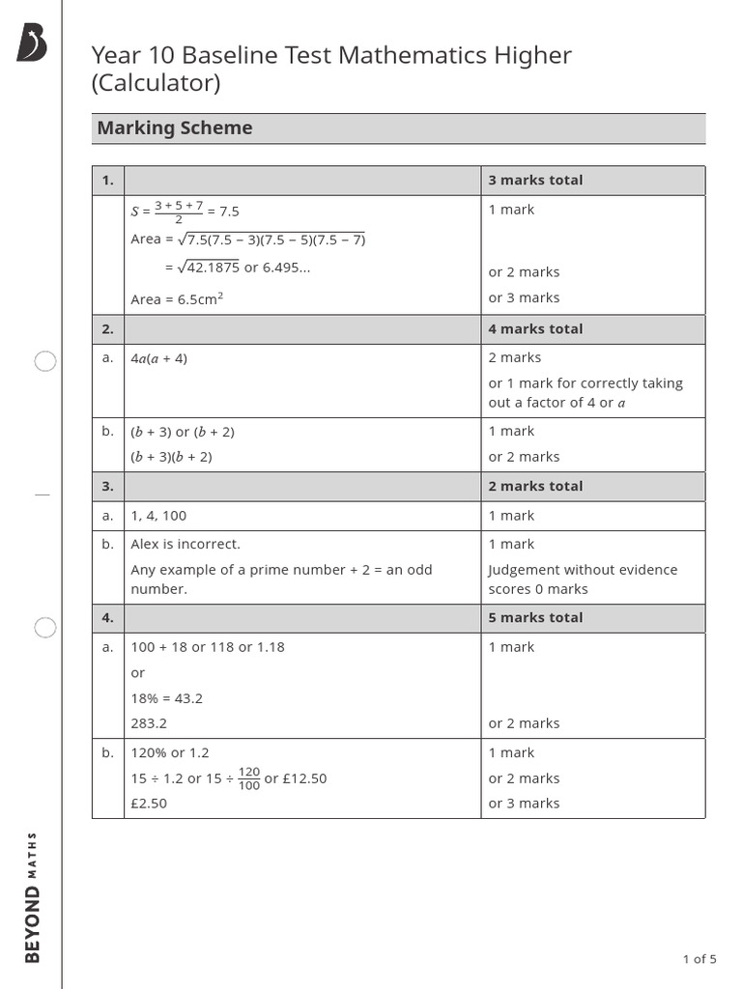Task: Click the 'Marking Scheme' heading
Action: click(x=175, y=128)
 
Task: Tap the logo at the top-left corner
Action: click(x=31, y=43)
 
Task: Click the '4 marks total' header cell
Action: click(x=535, y=329)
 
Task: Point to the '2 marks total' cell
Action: click(x=535, y=487)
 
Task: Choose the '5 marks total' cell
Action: click(x=535, y=618)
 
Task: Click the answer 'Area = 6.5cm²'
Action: click(x=177, y=298)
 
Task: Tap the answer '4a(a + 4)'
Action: click(x=159, y=358)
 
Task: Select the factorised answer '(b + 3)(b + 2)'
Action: click(x=172, y=457)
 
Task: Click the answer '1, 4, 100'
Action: click(x=158, y=516)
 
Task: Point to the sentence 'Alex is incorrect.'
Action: click(x=185, y=544)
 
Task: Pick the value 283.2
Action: click(x=150, y=723)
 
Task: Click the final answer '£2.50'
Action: click(x=149, y=804)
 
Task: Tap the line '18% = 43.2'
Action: click(x=166, y=698)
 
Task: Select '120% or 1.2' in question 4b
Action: click(x=170, y=752)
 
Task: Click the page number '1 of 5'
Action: click(x=699, y=959)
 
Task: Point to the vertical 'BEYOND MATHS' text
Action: click(x=32, y=896)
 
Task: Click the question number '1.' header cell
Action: click(x=108, y=181)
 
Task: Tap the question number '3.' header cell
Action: click(x=108, y=487)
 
